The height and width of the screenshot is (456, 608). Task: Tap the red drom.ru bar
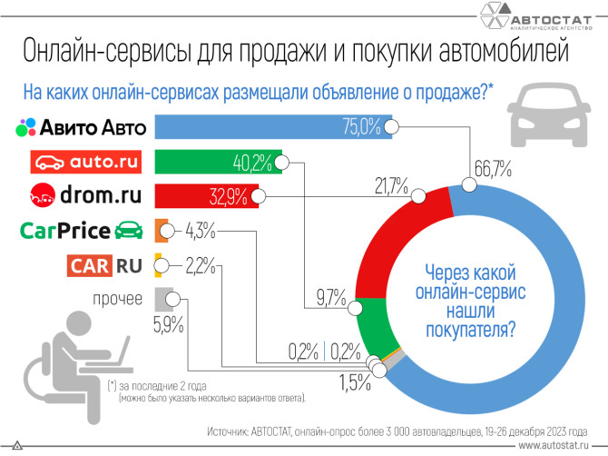click(x=204, y=195)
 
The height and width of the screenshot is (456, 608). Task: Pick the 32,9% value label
click(x=234, y=195)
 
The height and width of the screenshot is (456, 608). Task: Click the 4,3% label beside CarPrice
click(x=200, y=231)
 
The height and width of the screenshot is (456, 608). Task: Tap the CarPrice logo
click(x=82, y=231)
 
